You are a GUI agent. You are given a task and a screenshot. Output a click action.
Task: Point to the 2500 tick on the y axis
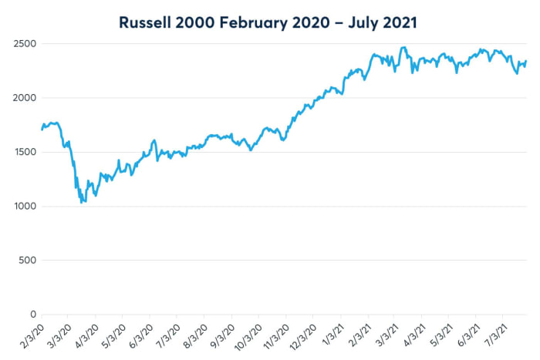click(23, 44)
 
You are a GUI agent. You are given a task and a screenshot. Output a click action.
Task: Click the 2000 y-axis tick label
click(23, 98)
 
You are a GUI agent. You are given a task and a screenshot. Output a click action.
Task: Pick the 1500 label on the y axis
click(23, 152)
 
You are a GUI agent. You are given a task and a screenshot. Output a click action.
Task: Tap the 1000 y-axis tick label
click(23, 207)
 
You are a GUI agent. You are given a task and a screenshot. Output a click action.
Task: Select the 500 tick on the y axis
click(25, 261)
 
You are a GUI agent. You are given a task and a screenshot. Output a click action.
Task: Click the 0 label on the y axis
click(31, 315)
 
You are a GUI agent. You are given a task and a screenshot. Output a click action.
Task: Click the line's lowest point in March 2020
click(83, 202)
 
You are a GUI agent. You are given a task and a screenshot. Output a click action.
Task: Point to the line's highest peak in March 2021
click(403, 47)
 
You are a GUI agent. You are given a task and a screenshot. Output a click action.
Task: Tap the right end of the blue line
click(526, 62)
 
